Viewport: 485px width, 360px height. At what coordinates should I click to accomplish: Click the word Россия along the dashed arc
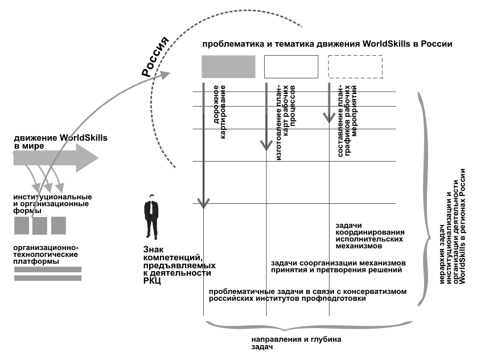(155, 56)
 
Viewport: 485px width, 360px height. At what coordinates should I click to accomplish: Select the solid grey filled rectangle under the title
(229, 67)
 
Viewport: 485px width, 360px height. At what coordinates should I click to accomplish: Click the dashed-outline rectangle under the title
(355, 67)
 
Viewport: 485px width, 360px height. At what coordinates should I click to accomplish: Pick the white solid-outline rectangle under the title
(291, 67)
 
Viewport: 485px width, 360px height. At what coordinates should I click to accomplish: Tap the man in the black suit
(151, 216)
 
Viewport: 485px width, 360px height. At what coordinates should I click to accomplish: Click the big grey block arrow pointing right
(56, 158)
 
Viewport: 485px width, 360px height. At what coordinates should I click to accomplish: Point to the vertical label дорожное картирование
(219, 112)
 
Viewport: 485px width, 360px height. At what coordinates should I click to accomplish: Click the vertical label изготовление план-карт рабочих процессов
(286, 122)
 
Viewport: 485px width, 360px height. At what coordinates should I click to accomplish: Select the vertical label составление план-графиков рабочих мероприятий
(347, 121)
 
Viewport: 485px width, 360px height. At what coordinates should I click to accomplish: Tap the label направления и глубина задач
(297, 343)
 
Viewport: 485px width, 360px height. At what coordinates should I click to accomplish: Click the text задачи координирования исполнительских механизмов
(370, 236)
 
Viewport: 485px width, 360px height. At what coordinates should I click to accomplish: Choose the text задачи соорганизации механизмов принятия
(338, 267)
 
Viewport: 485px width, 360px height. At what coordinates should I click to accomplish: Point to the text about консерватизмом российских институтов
(308, 295)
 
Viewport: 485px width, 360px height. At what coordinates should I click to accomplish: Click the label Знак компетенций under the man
(179, 265)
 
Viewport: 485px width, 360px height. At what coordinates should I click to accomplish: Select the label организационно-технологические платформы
(46, 255)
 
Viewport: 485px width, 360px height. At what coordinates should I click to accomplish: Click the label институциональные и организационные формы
(52, 204)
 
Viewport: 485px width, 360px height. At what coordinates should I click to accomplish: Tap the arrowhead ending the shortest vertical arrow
(329, 118)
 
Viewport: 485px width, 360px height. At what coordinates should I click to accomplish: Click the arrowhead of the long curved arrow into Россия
(165, 75)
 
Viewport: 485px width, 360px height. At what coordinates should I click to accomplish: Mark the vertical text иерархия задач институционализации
(453, 226)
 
